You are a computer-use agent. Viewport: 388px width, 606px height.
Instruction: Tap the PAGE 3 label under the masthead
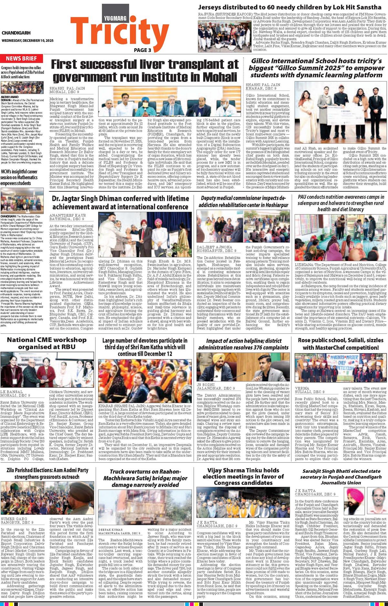[x=142, y=50]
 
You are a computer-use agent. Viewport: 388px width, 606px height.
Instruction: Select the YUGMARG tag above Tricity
[x=115, y=18]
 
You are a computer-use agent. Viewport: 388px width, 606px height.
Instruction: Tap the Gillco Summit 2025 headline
[x=316, y=68]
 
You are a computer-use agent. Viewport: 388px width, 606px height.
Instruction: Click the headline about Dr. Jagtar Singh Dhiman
[x=120, y=202]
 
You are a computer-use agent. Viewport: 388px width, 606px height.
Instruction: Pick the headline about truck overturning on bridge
[x=144, y=478]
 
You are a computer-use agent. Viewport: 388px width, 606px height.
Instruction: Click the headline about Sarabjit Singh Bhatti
[x=341, y=477]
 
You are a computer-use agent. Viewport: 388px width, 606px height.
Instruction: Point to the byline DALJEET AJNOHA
[x=215, y=247]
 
